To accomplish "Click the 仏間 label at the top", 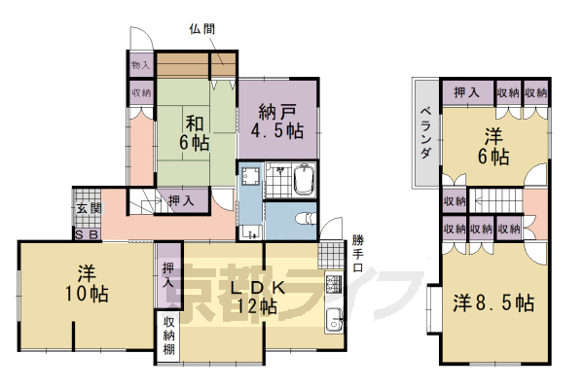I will pos(203,28).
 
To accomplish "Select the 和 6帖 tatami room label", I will pos(194,133).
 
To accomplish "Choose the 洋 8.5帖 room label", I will pos(493,302).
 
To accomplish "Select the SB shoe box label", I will pos(85,235).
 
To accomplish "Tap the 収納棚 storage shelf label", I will pos(168,336).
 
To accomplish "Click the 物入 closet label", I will pos(141,65).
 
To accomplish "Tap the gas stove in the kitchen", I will pos(333,284).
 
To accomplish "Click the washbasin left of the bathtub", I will pos(251,177).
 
